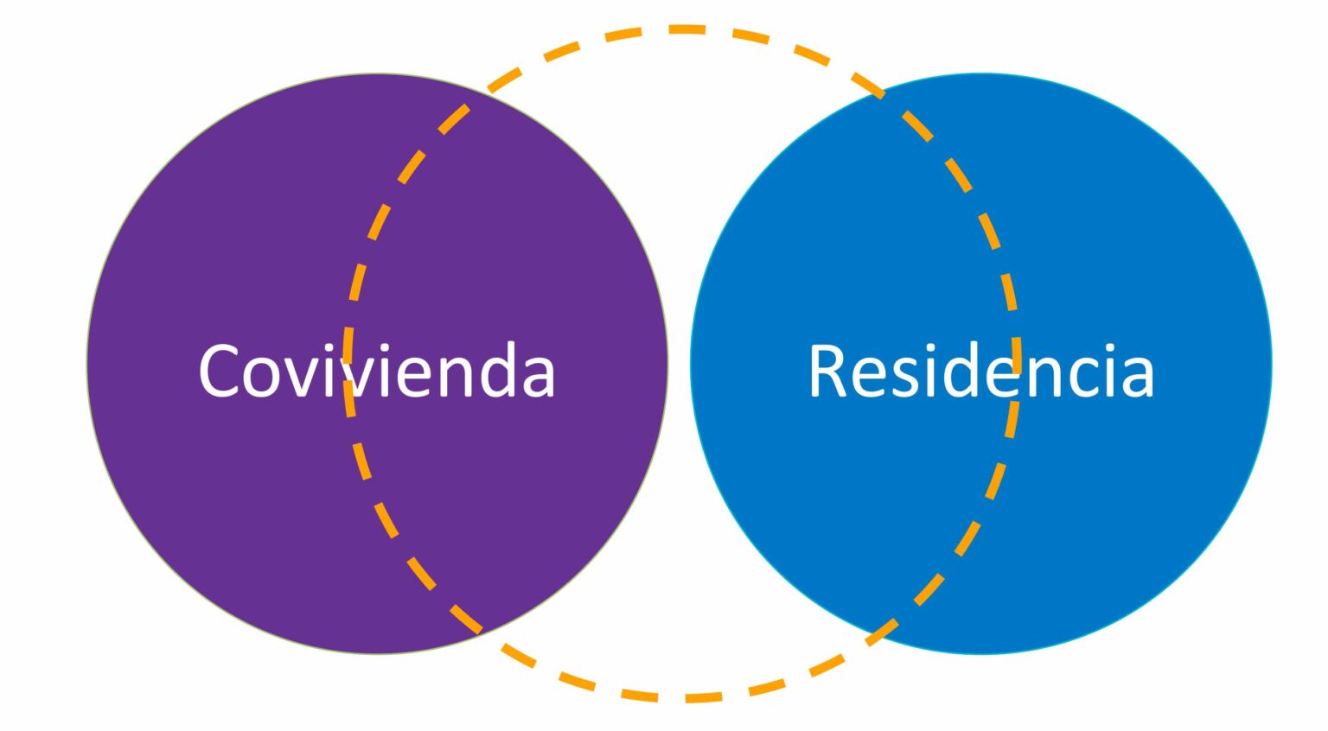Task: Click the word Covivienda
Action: (376, 370)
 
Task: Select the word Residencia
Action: (980, 370)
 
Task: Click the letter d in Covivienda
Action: (501, 370)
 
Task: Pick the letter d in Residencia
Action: (964, 370)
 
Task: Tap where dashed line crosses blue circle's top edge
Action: (882, 92)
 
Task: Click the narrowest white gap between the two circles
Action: (679, 364)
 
